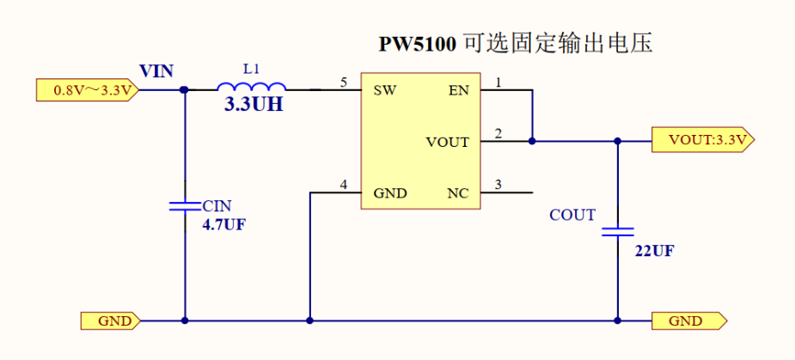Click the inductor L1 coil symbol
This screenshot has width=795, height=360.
click(x=251, y=87)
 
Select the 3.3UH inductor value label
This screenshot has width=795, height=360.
click(x=254, y=107)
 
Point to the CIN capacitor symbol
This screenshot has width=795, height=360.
click(x=185, y=206)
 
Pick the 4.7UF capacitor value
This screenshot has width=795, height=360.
click(x=224, y=224)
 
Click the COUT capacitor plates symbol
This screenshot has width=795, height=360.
click(x=617, y=231)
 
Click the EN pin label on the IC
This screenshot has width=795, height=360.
click(x=459, y=89)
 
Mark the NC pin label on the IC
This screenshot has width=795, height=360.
click(x=458, y=193)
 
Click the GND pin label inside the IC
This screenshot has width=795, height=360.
click(x=389, y=193)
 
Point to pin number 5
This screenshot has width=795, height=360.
click(x=344, y=82)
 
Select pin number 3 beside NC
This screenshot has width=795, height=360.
click(x=498, y=185)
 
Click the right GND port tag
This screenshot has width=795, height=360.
click(x=688, y=321)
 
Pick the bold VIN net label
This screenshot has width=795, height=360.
click(x=156, y=70)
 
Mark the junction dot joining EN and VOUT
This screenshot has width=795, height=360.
click(x=532, y=141)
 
